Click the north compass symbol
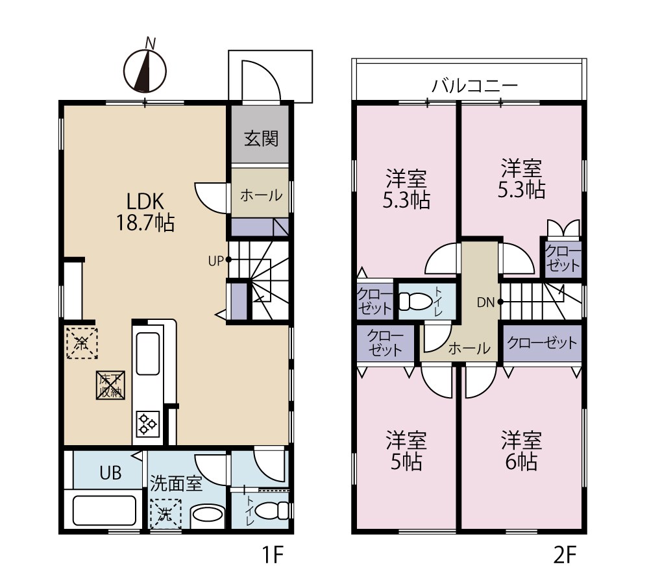[145, 69]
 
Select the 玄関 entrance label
[261, 138]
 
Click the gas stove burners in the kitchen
[148, 423]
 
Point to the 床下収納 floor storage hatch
[110, 385]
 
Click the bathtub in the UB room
[104, 510]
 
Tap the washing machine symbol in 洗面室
[165, 514]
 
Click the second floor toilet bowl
[415, 301]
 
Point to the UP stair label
[215, 261]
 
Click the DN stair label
[486, 302]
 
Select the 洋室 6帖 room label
[521, 451]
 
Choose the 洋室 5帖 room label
[406, 451]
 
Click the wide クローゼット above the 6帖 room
[542, 343]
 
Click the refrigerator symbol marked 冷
[82, 343]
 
